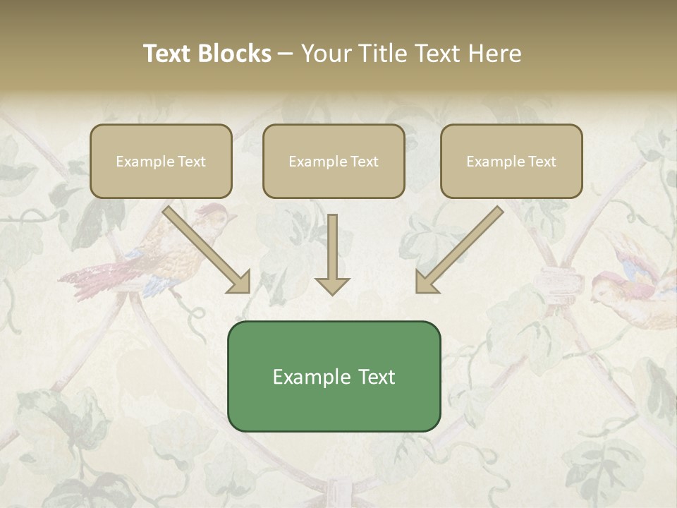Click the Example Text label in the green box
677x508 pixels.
coord(334,377)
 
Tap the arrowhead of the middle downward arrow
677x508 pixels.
coord(332,285)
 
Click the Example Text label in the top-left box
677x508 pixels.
coord(161,162)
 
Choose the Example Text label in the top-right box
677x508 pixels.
coord(511,162)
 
